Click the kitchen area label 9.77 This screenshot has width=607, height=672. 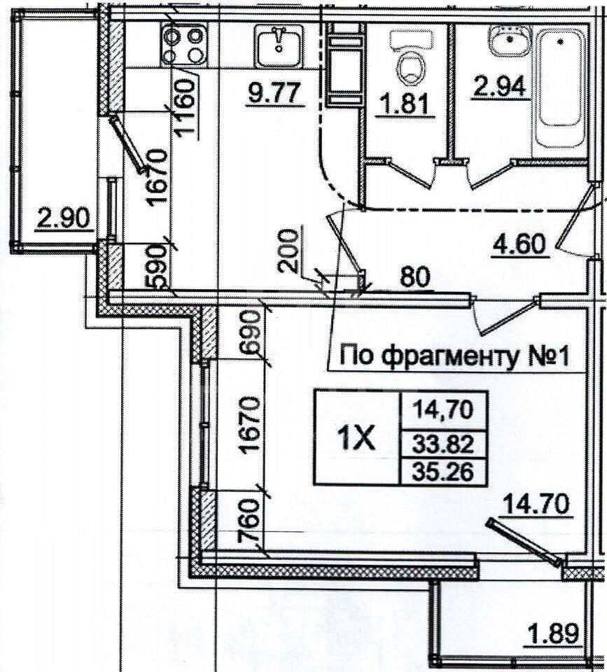click(x=273, y=93)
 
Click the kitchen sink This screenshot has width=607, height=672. click(x=279, y=46)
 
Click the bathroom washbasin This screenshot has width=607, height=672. click(x=510, y=41)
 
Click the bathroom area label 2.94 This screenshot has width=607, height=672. click(x=498, y=87)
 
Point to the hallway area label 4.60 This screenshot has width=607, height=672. click(x=519, y=245)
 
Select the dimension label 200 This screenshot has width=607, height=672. click(x=288, y=251)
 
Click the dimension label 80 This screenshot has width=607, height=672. click(x=414, y=277)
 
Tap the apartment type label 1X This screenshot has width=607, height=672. click(x=356, y=438)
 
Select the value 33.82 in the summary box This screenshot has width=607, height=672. click(x=443, y=445)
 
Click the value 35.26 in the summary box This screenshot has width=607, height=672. click(x=443, y=472)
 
